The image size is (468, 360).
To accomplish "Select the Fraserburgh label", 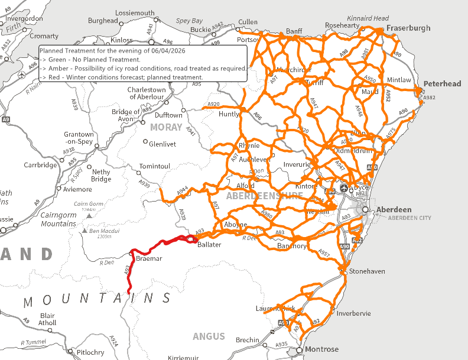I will (409, 28).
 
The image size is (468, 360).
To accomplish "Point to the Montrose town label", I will (321, 349).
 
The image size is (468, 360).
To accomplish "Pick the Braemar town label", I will (148, 258).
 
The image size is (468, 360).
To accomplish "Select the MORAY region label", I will (167, 127).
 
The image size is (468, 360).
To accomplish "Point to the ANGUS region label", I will (209, 336).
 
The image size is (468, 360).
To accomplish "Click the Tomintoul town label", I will (154, 166).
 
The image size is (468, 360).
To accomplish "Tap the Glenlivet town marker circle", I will (145, 142).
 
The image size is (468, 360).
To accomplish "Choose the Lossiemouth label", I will (135, 13).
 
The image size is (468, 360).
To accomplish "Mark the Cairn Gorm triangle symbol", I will (89, 216).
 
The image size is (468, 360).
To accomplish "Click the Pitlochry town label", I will (90, 352).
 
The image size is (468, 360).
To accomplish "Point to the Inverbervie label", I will (353, 313).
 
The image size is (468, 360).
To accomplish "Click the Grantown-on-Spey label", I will (79, 138).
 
